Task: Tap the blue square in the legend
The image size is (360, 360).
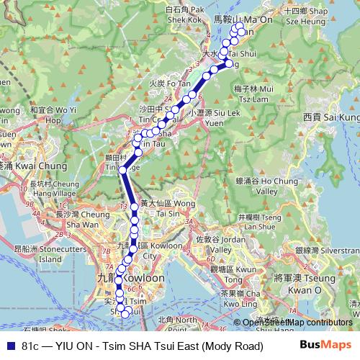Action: click(x=9, y=346)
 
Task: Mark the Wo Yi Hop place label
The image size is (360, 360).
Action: click(x=53, y=115)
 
